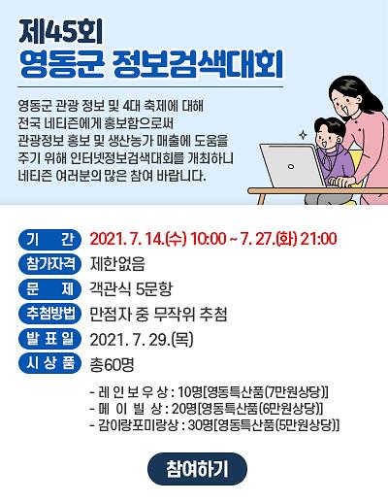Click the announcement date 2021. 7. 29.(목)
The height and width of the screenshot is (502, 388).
pyautogui.click(x=141, y=339)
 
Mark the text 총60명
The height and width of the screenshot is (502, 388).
pyautogui.click(x=112, y=364)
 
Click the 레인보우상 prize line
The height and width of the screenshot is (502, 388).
pyautogui.click(x=209, y=391)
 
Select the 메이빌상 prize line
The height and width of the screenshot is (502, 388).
pyautogui.click(x=209, y=408)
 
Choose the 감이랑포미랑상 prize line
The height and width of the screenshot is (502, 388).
pyautogui.click(x=213, y=424)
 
